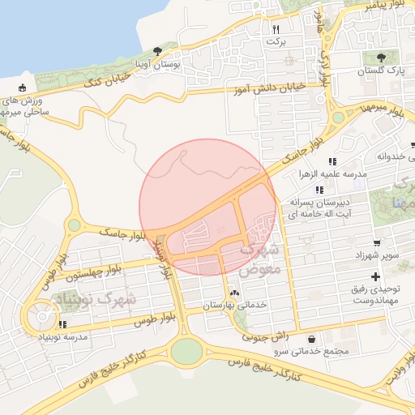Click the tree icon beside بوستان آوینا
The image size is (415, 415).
click(157, 51)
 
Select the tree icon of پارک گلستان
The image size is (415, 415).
click(381, 58)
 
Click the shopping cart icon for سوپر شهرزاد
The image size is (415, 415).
click(377, 242)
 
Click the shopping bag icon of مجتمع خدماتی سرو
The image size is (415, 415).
click(312, 339)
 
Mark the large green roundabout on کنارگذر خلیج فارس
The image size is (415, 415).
click(186, 351)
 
